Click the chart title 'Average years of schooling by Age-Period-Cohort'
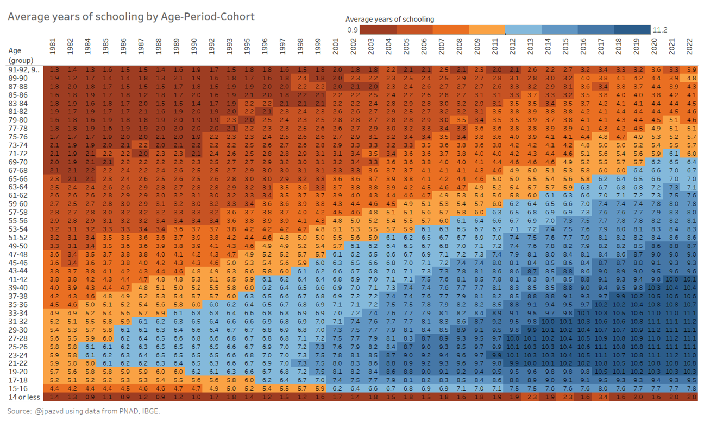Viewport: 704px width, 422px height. (x=131, y=17)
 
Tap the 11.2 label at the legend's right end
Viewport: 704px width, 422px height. (x=659, y=30)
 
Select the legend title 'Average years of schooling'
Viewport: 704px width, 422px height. (x=389, y=19)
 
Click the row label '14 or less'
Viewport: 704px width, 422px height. (x=23, y=398)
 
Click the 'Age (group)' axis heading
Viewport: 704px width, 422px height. (x=21, y=55)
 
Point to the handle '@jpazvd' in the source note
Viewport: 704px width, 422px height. (x=53, y=411)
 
